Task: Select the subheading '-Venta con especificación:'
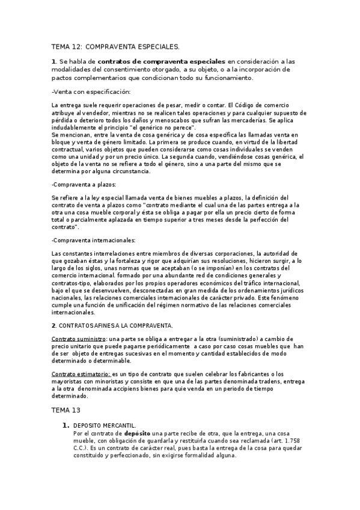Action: coord(91,91)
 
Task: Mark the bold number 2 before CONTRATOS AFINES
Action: coord(53,325)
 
